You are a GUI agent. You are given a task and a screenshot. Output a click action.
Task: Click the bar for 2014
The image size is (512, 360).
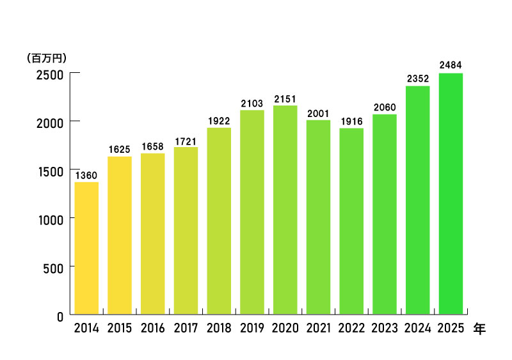(x=86, y=248)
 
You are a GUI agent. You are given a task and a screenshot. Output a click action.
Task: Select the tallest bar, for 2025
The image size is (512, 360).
(x=451, y=193)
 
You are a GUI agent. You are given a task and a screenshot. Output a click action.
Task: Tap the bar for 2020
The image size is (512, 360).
(x=285, y=210)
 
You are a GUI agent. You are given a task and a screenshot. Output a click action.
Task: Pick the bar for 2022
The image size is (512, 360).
(x=351, y=221)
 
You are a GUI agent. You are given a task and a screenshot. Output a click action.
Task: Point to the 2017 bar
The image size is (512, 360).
(x=186, y=231)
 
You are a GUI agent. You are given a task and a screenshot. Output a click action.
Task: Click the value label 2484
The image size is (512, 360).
(x=451, y=65)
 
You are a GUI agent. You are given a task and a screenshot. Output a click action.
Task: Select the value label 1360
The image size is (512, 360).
(x=86, y=175)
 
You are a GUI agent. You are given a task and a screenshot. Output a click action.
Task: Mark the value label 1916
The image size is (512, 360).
(x=351, y=121)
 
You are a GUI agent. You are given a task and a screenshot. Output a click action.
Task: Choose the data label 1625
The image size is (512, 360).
(x=120, y=149)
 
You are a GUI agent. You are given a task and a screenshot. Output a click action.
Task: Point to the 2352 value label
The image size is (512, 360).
(x=418, y=79)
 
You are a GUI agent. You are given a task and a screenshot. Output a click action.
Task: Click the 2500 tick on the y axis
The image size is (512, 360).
(x=49, y=74)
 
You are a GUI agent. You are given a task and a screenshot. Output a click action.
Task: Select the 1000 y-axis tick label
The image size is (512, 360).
(x=49, y=219)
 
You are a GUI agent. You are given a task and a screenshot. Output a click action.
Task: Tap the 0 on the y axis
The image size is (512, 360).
(x=60, y=315)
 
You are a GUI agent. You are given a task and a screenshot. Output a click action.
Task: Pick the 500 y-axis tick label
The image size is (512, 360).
(x=52, y=267)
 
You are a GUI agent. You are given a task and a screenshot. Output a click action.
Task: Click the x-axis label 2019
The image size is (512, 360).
(x=252, y=329)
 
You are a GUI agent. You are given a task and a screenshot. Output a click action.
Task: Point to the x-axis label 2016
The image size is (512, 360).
(x=152, y=329)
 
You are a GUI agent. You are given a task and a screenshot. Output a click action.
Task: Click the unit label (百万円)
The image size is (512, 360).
(x=47, y=58)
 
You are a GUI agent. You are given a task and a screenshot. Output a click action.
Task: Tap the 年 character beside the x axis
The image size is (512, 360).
(x=479, y=329)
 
